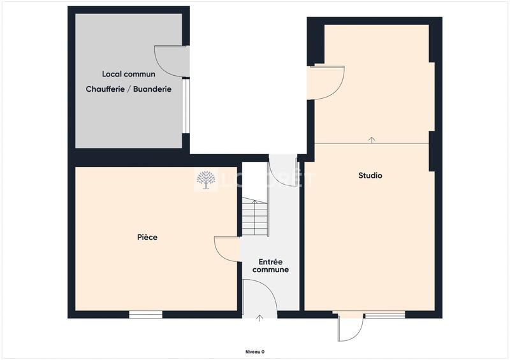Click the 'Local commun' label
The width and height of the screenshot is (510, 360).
point(129,75)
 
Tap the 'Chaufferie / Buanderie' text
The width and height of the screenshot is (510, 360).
point(129,90)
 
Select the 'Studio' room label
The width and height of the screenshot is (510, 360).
point(370,175)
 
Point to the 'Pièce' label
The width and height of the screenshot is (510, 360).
point(147,237)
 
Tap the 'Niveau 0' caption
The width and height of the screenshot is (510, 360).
point(255,352)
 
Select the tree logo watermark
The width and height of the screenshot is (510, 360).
point(205,180)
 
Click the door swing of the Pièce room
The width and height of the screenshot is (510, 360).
point(227,248)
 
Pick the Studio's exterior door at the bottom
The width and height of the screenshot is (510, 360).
point(350,327)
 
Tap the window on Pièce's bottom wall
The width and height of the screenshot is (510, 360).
point(145,314)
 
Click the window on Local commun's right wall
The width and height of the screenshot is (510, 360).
point(186,105)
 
